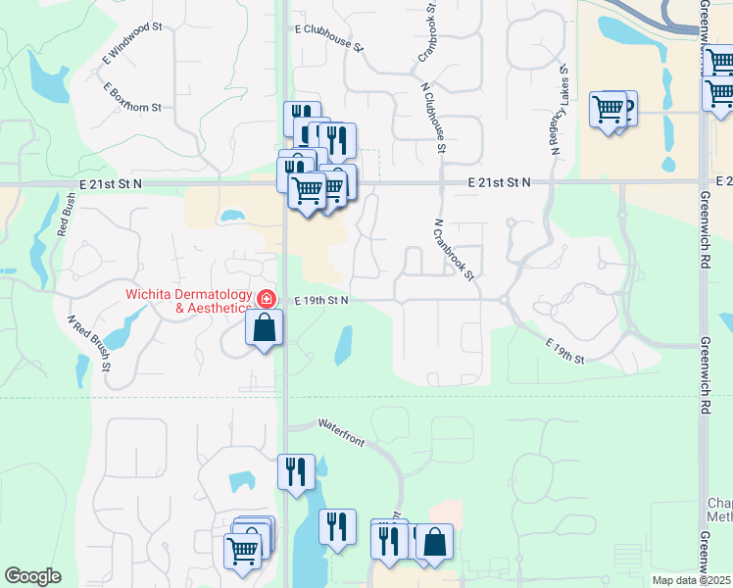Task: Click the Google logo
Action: click(x=32, y=576)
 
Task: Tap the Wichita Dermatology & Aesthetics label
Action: click(x=187, y=301)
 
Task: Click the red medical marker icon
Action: click(x=265, y=299)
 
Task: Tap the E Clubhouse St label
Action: click(x=328, y=38)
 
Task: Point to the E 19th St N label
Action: click(x=321, y=301)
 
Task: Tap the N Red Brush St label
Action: click(x=88, y=344)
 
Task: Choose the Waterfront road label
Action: click(x=340, y=433)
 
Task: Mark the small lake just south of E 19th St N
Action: click(x=343, y=344)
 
